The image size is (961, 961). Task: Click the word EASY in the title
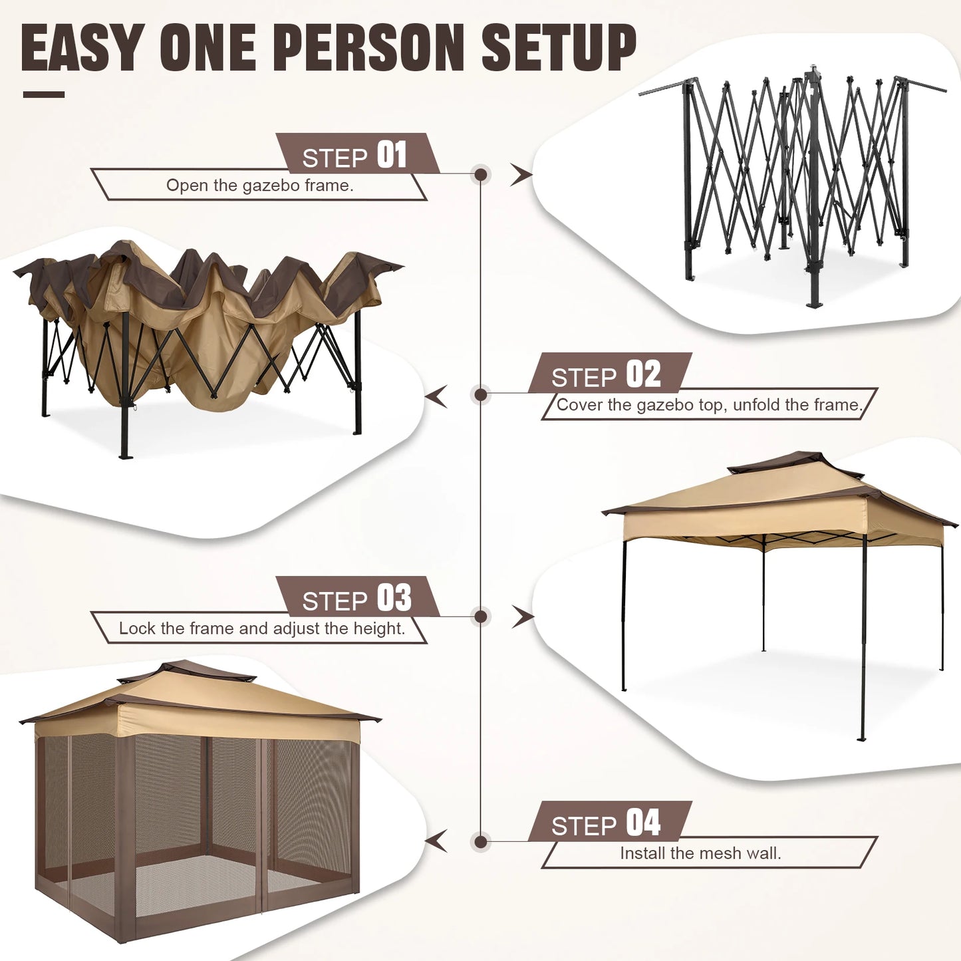(x=81, y=48)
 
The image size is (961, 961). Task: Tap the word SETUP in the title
(x=559, y=48)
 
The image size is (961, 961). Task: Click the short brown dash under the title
(x=43, y=94)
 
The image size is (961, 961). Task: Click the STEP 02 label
(x=607, y=375)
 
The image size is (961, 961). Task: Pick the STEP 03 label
(x=356, y=599)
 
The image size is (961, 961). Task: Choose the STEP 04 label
(x=607, y=823)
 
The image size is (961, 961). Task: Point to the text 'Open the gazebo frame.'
(x=259, y=186)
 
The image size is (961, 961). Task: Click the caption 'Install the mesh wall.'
(x=700, y=853)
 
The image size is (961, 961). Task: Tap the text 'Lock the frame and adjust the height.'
(x=261, y=628)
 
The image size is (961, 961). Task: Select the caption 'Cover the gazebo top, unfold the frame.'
(x=709, y=405)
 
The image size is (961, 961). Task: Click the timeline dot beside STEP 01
(x=480, y=175)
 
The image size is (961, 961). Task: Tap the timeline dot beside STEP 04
(x=480, y=842)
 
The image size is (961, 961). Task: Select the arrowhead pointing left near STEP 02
(x=436, y=397)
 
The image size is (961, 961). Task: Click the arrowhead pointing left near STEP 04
(x=436, y=841)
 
